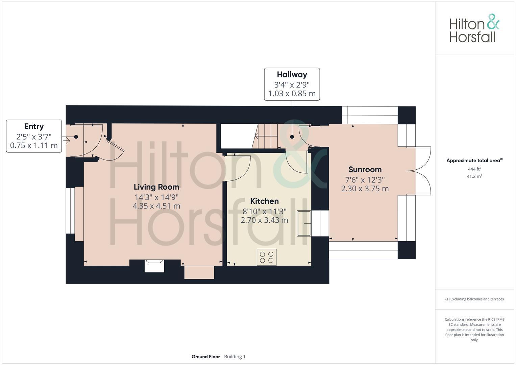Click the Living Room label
pyautogui.click(x=156, y=187)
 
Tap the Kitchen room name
pyautogui.click(x=264, y=201)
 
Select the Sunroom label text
pyautogui.click(x=365, y=170)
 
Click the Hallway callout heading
pyautogui.click(x=292, y=75)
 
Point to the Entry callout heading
pyautogui.click(x=34, y=126)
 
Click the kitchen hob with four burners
pyautogui.click(x=266, y=257)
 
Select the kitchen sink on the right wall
pyautogui.click(x=303, y=223)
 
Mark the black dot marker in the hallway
pyautogui.click(x=292, y=137)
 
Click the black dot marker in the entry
pyautogui.click(x=76, y=137)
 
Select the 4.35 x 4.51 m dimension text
pyautogui.click(x=156, y=206)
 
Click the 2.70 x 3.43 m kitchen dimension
pyautogui.click(x=264, y=220)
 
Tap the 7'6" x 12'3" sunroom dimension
pyautogui.click(x=365, y=179)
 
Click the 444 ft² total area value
pyautogui.click(x=474, y=169)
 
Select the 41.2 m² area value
pyautogui.click(x=474, y=176)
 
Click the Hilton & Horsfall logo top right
pyautogui.click(x=474, y=28)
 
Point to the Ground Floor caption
pyautogui.click(x=205, y=357)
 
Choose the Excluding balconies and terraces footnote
pyautogui.click(x=474, y=299)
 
